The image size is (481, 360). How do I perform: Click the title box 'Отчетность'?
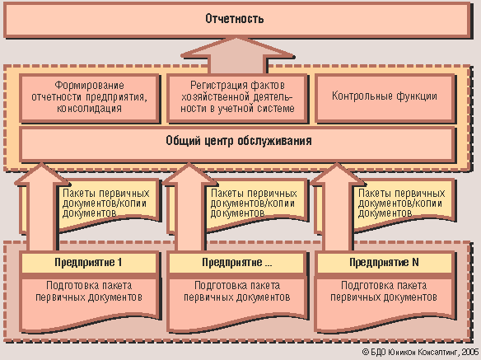(236, 19)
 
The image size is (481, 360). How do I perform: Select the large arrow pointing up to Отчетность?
(238, 55)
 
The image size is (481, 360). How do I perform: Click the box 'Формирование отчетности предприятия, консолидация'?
(89, 97)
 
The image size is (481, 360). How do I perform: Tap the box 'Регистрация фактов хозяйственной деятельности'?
(237, 97)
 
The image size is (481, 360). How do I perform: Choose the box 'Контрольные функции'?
(385, 97)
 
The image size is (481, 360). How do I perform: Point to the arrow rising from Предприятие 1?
(42, 207)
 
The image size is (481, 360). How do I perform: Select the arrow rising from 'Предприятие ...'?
(189, 207)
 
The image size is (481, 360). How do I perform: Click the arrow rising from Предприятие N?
(337, 207)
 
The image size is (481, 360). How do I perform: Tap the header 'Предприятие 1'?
(89, 263)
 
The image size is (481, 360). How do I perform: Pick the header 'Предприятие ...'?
(236, 263)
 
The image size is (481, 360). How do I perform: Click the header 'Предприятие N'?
(385, 263)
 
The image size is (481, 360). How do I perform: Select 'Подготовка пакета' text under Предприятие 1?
(89, 286)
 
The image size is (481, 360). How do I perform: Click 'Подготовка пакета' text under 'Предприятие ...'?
(237, 286)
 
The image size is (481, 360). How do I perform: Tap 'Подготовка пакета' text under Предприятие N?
(384, 286)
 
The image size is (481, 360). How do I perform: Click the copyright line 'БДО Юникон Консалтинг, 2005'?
(420, 352)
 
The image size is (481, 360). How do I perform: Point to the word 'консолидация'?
(89, 109)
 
